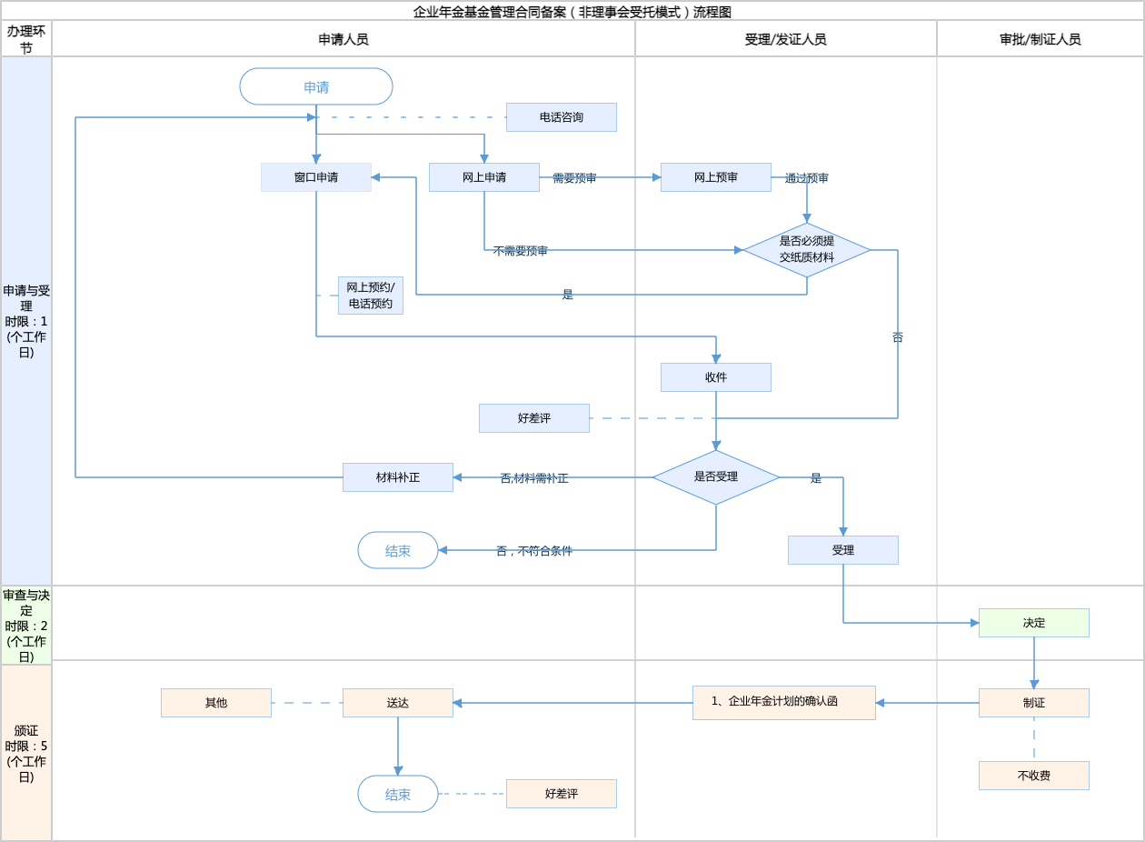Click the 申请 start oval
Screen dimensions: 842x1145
[x=316, y=86]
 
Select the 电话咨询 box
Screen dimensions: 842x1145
[x=562, y=117]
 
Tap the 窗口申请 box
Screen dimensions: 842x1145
[x=316, y=177]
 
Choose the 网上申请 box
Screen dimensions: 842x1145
[x=484, y=177]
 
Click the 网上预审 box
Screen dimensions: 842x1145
[x=716, y=177]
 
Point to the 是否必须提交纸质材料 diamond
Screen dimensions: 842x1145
[x=807, y=250]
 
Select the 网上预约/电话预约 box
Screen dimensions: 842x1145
[x=371, y=296]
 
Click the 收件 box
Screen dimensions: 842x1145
[x=716, y=377]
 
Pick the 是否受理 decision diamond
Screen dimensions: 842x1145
[x=716, y=477]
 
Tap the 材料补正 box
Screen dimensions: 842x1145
[x=398, y=477]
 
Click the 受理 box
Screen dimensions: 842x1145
[x=843, y=550]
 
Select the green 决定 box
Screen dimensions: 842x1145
[x=1034, y=623]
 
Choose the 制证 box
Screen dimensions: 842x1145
[x=1034, y=703]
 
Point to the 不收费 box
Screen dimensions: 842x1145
[x=1034, y=776]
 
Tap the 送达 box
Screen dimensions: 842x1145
[x=398, y=703]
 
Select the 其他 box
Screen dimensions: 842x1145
[x=216, y=703]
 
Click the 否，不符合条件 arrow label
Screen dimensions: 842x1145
[x=534, y=551]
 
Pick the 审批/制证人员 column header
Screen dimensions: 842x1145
[x=1040, y=39]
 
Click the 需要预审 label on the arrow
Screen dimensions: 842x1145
[x=574, y=178]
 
